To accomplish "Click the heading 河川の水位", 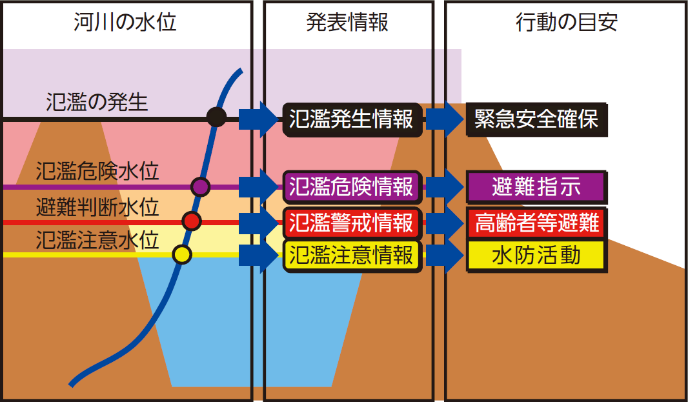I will point(125,23).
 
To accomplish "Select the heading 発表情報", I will point(347,23).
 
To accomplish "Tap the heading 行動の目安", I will point(567,23).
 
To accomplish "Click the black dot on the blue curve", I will point(216,117).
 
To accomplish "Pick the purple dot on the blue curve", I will point(201,186).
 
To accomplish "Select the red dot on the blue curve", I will point(191,221).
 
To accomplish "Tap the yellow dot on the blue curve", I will point(183,255).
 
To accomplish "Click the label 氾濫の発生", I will point(97,101).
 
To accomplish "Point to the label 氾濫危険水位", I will point(97,171).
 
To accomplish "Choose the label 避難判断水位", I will point(97,207).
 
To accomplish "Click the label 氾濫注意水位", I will point(97,241).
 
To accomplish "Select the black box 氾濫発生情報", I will point(352,119).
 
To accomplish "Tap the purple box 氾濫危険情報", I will point(352,187).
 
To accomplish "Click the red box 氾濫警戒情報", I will point(352,223).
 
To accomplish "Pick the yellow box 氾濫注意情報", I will point(352,256).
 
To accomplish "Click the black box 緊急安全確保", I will point(536,119).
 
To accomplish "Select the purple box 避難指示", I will point(536,187).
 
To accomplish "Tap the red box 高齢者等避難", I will point(536,223).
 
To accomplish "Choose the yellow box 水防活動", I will point(536,256).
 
